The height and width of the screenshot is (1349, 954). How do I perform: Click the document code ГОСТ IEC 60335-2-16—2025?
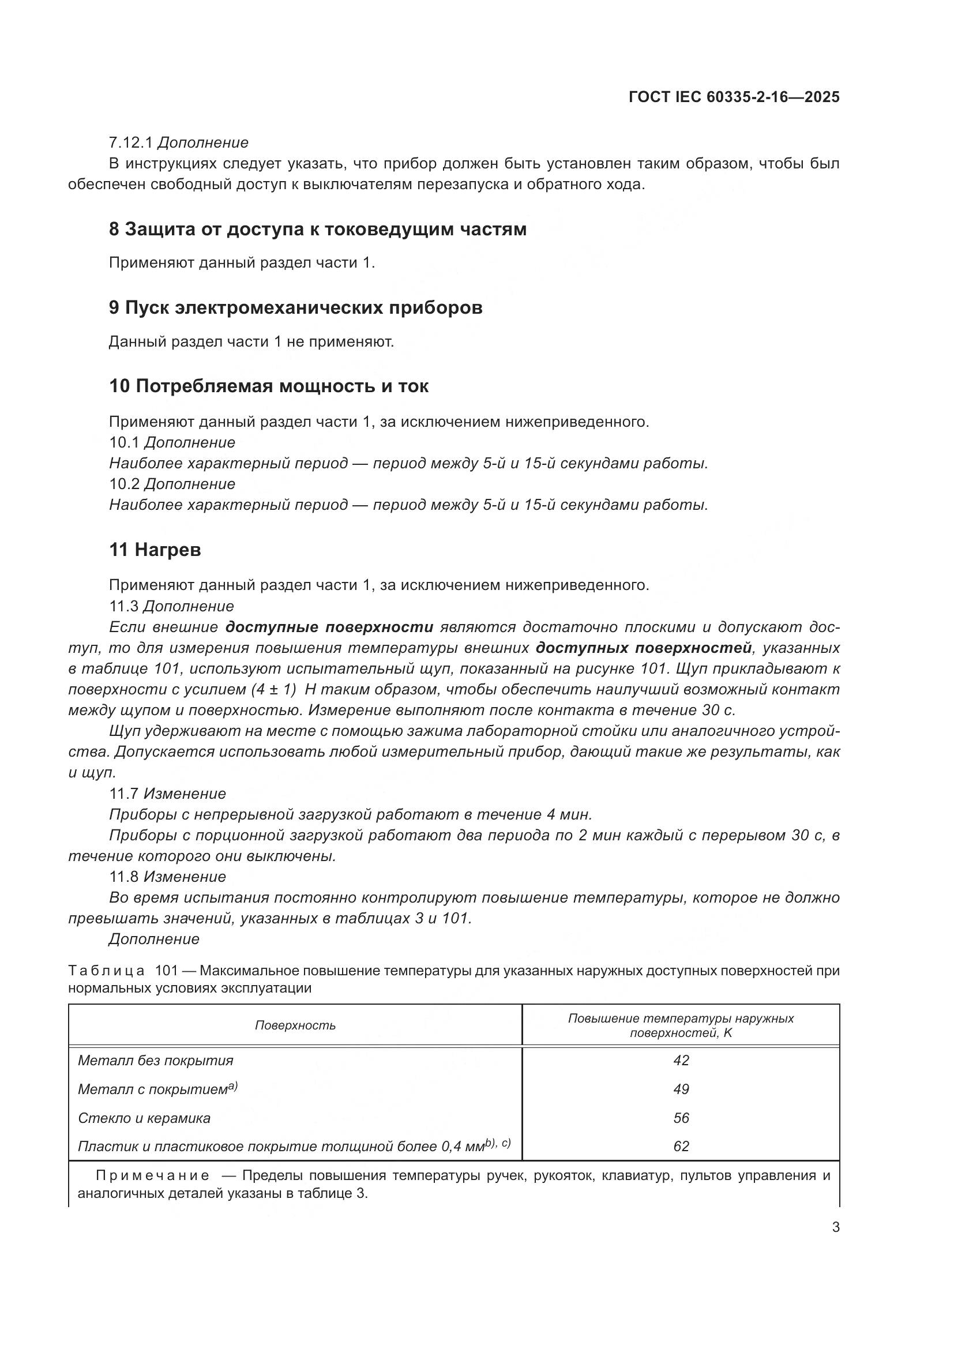734,97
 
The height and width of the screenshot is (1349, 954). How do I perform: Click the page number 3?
835,1227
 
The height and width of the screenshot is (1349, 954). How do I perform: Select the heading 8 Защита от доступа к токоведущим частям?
317,229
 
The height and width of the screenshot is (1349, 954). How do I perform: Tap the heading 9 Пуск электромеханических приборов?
295,307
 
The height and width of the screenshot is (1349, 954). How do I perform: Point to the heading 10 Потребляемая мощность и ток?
268,386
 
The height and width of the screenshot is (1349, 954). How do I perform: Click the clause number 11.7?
123,794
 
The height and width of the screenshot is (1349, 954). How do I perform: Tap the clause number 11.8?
123,877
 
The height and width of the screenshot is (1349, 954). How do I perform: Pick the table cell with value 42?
681,1061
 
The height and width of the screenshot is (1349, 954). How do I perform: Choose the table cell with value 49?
681,1089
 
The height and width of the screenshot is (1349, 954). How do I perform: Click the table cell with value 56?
681,1118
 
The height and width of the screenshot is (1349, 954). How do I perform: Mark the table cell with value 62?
681,1147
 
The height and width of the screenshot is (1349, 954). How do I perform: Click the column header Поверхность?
295,1025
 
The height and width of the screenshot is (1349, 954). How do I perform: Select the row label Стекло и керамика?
144,1118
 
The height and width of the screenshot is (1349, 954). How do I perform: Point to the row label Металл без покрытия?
156,1061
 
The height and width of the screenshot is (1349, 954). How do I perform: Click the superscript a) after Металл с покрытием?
232,1087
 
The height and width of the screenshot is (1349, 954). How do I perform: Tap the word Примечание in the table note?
152,1175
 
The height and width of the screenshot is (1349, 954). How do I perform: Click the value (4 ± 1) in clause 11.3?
273,690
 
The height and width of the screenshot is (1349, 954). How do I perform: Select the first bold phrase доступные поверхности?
329,627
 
